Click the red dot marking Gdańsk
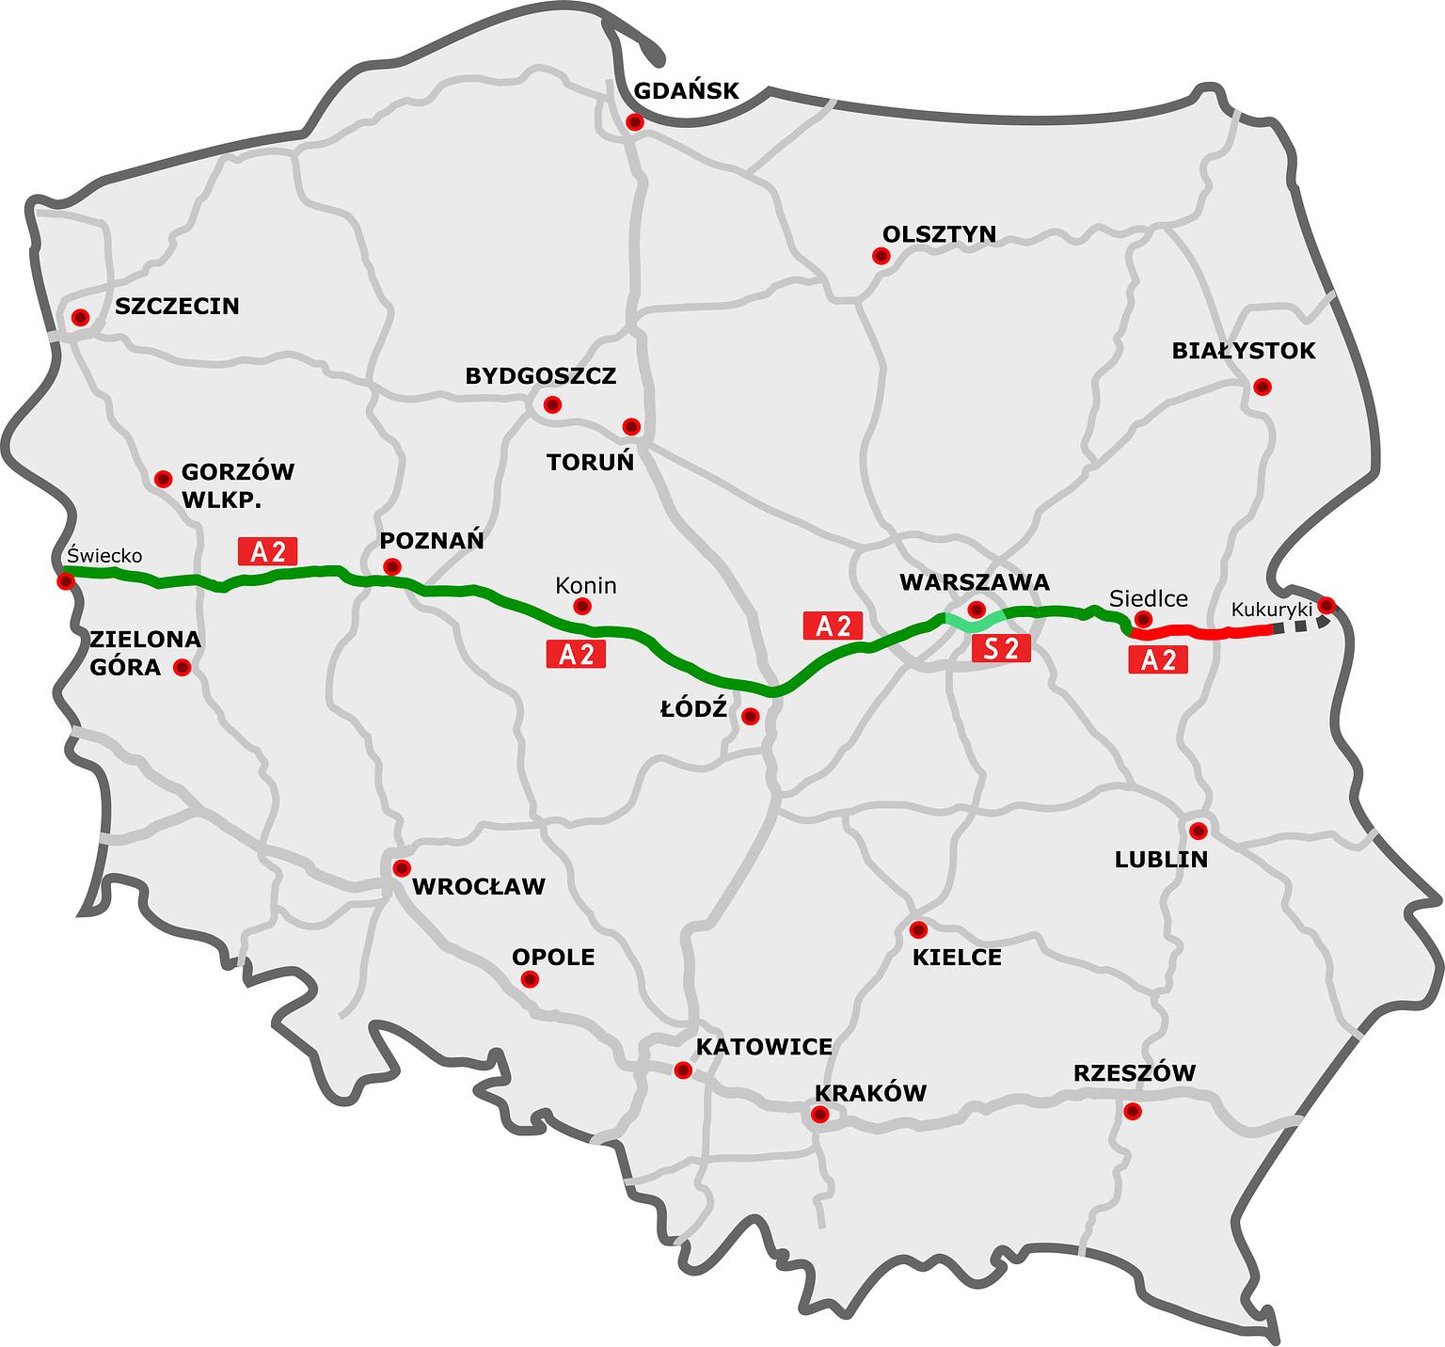point(635,121)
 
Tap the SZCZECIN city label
point(177,306)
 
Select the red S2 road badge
point(1001,647)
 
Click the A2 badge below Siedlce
point(1158,659)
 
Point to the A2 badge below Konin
point(576,654)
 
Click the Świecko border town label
point(104,556)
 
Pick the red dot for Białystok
point(1262,387)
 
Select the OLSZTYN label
point(939,233)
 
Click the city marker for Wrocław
point(402,867)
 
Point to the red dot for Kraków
point(818,1115)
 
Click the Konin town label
point(585,585)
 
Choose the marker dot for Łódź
point(750,717)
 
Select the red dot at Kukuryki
point(1326,605)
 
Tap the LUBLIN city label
point(1161,859)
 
